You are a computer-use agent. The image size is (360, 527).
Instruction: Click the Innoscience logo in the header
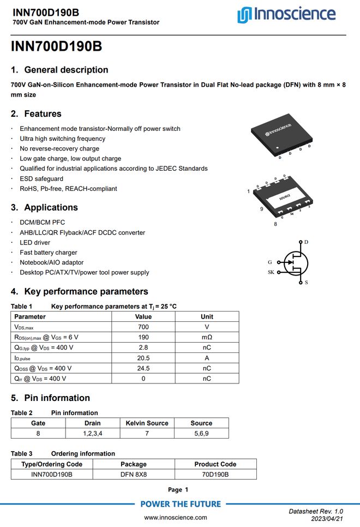click(x=286, y=14)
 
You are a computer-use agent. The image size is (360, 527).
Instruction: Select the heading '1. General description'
click(x=59, y=70)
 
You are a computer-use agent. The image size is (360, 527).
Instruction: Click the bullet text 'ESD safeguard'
click(x=41, y=178)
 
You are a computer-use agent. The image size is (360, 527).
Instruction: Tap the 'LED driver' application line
click(x=35, y=242)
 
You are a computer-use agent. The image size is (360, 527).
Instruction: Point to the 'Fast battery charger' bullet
click(x=49, y=253)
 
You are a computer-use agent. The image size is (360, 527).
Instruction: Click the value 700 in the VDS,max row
click(x=143, y=327)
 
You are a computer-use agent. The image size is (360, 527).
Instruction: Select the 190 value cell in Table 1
click(x=143, y=337)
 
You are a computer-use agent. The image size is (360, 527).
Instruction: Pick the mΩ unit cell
click(x=207, y=337)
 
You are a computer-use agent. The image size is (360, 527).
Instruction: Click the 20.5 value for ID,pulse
click(x=143, y=358)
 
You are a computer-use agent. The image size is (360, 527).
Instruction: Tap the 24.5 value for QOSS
click(x=143, y=368)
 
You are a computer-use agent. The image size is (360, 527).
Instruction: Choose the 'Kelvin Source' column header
click(x=147, y=423)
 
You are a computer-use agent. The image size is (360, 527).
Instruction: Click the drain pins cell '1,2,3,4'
click(x=92, y=433)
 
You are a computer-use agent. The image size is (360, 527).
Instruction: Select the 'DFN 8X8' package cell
click(x=134, y=474)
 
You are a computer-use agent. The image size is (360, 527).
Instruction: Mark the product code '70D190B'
click(x=215, y=474)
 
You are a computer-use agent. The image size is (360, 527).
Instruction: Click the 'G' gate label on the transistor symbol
click(x=269, y=262)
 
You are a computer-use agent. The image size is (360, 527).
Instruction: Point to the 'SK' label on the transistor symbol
click(x=271, y=272)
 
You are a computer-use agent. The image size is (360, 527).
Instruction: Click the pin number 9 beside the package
click(x=261, y=209)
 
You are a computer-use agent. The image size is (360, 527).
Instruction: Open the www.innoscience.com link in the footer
click(x=175, y=517)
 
